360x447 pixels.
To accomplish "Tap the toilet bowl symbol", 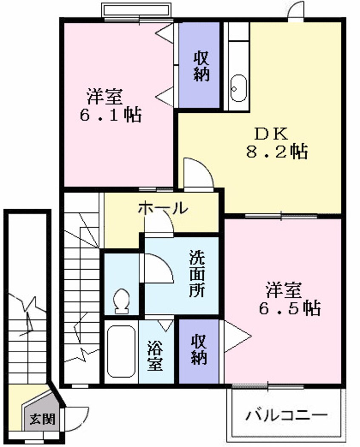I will coord(122,300).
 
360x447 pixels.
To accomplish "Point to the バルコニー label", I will coord(287,414).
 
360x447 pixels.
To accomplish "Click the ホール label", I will coord(163,208).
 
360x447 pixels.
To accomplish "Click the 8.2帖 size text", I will coord(277,151).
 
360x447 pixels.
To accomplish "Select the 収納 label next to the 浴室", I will coord(199,350).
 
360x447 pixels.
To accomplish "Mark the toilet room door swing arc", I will coord(157,268).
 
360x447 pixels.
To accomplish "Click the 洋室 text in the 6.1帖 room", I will coord(105,97).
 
